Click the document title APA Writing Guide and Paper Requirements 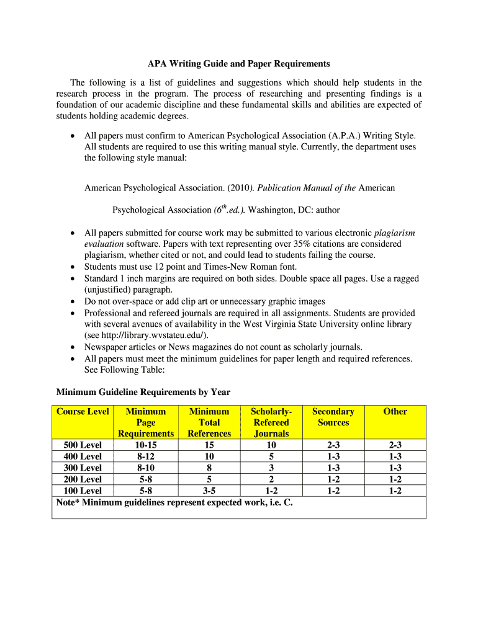[x=238, y=64]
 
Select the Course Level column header [x=83, y=412]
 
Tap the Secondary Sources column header [x=333, y=417]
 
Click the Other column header [x=395, y=412]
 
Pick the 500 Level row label [x=83, y=445]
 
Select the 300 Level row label [x=83, y=468]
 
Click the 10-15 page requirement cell [x=146, y=445]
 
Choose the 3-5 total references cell [x=209, y=491]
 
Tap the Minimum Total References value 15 [x=209, y=445]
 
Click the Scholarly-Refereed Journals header [x=271, y=422]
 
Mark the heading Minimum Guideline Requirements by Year [x=143, y=392]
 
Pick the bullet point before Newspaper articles [x=73, y=347]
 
